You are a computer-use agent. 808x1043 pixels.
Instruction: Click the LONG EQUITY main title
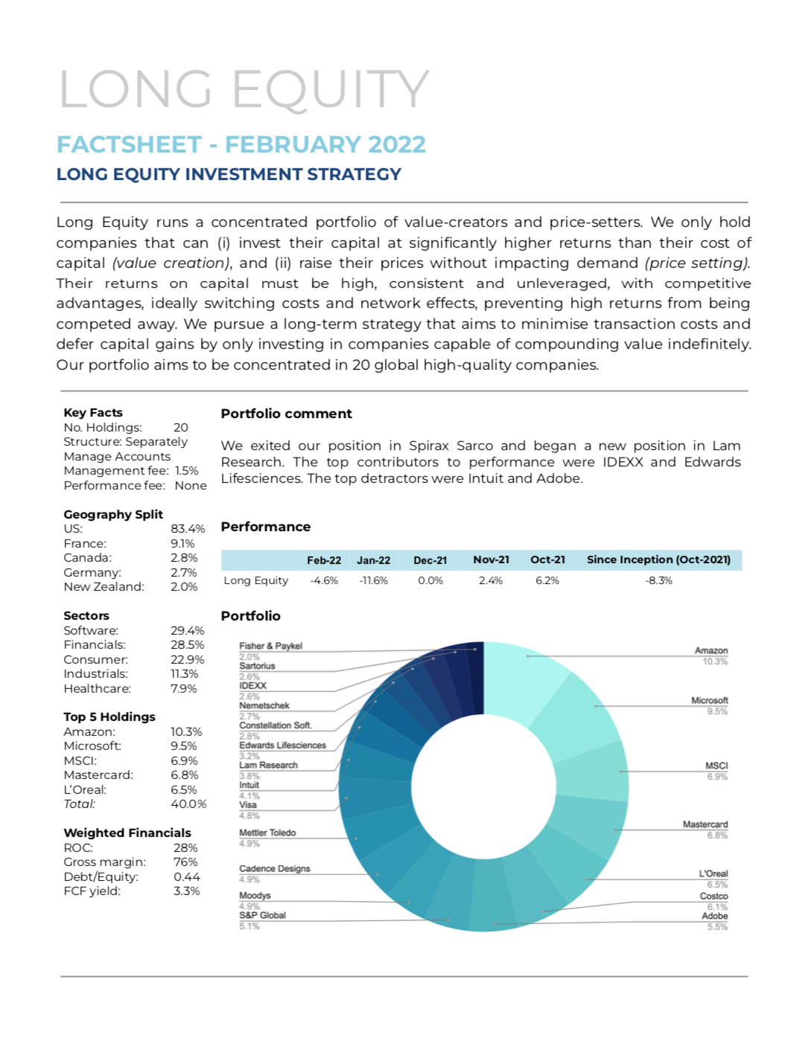point(244,89)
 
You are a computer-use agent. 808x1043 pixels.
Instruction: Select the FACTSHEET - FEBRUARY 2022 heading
point(241,144)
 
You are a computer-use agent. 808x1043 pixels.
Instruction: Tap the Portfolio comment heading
point(286,414)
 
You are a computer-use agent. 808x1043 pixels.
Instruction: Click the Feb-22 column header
point(324,560)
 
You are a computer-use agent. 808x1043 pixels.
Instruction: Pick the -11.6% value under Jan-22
point(373,580)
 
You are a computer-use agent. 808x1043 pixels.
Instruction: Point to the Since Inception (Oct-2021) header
point(658,559)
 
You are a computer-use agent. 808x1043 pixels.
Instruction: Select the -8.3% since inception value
point(658,580)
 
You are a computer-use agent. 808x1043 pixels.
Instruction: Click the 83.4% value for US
point(188,529)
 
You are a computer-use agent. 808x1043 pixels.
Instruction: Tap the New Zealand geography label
point(104,587)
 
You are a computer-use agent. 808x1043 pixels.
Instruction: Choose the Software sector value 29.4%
point(187,631)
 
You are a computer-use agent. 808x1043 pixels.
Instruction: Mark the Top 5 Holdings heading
point(109,717)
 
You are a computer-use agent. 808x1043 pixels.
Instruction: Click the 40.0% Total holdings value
point(188,804)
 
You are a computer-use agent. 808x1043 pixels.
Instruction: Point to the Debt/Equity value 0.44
point(187,877)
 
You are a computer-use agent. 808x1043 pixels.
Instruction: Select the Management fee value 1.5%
point(187,471)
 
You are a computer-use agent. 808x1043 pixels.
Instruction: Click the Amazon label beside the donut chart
point(710,650)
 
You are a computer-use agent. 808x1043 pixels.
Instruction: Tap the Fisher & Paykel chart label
point(270,646)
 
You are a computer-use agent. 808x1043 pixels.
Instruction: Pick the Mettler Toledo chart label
point(267,832)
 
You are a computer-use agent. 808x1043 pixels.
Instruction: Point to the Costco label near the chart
point(713,896)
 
